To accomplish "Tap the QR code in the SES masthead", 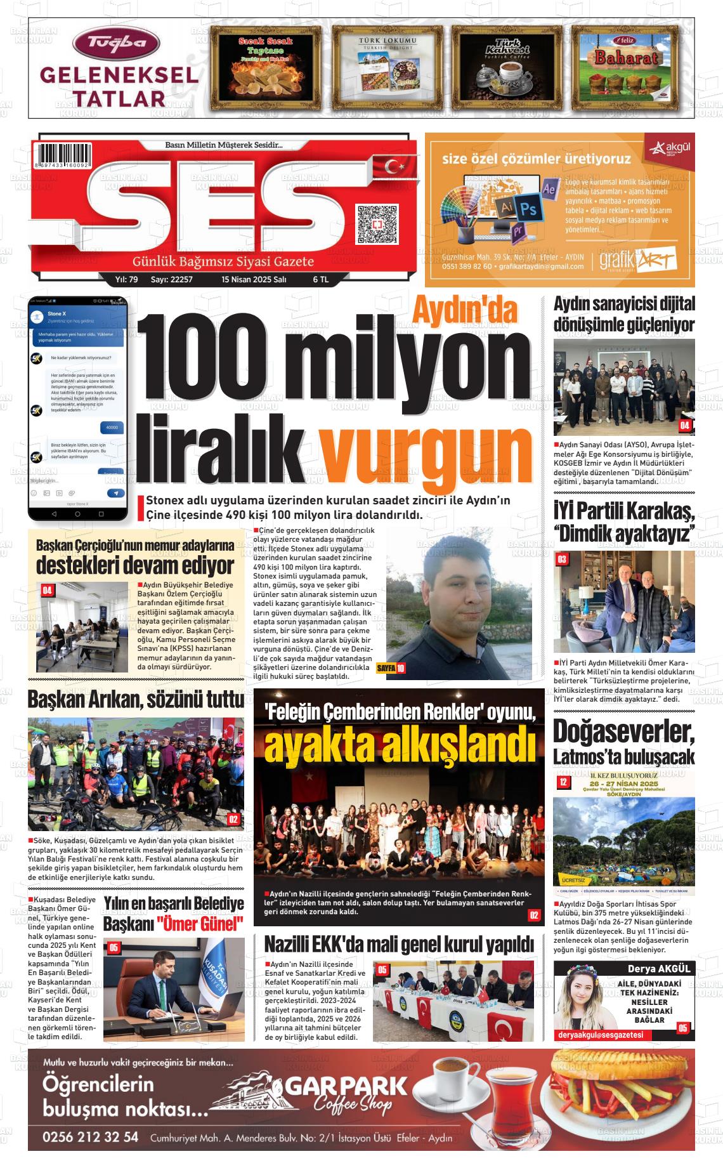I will click(377, 224).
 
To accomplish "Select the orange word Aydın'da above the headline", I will click(466, 310).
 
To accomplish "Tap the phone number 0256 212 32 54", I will click(90, 1136).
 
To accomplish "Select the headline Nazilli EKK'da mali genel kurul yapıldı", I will click(398, 944).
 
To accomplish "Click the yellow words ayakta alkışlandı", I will click(400, 747).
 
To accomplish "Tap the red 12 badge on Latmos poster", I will click(563, 782).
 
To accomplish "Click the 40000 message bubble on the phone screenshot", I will click(112, 427).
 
